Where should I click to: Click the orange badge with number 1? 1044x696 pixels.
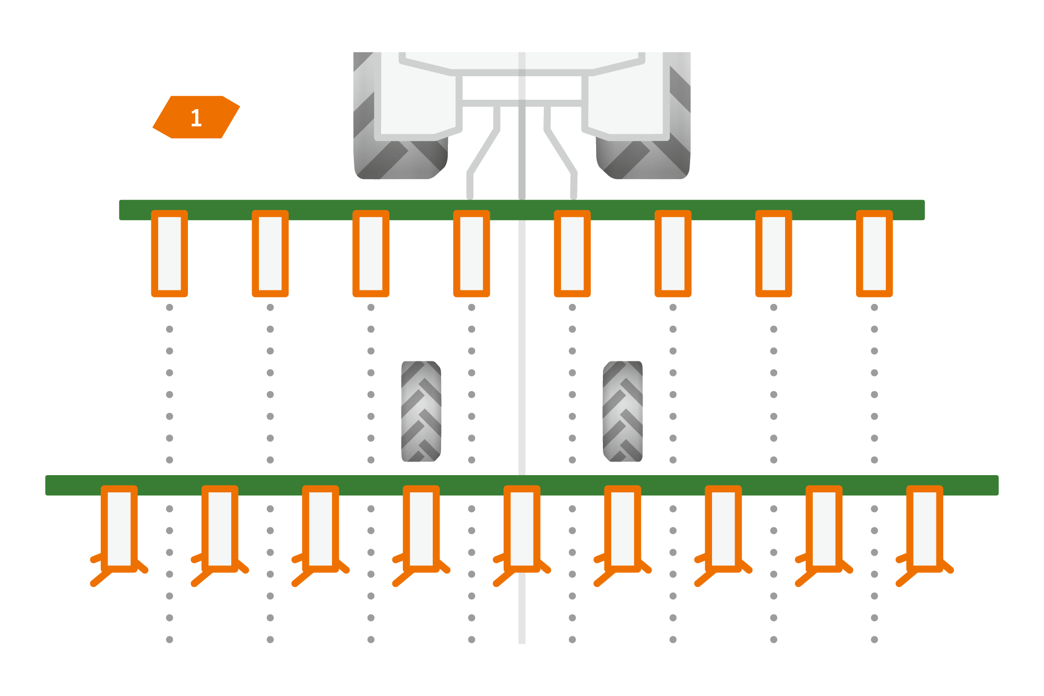[196, 117]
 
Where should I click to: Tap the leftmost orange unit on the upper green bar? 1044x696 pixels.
[169, 254]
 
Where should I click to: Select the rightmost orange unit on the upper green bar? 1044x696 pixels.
[874, 254]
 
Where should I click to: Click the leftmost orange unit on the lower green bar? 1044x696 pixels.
[119, 528]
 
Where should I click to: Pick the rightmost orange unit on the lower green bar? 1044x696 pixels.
[924, 528]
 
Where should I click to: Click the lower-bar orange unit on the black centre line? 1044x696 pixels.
[521, 528]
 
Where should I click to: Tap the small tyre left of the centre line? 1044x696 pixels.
[421, 411]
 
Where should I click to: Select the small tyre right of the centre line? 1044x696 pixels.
[622, 411]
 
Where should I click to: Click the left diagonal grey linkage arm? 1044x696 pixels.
[483, 151]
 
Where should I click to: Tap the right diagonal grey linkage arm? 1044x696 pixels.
[561, 151]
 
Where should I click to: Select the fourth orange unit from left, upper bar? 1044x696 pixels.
[471, 254]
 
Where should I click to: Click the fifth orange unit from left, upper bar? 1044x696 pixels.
[572, 254]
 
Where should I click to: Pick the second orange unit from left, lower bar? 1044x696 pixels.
[220, 528]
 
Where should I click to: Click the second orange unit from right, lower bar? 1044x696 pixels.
[824, 528]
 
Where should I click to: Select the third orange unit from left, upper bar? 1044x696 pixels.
[371, 254]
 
